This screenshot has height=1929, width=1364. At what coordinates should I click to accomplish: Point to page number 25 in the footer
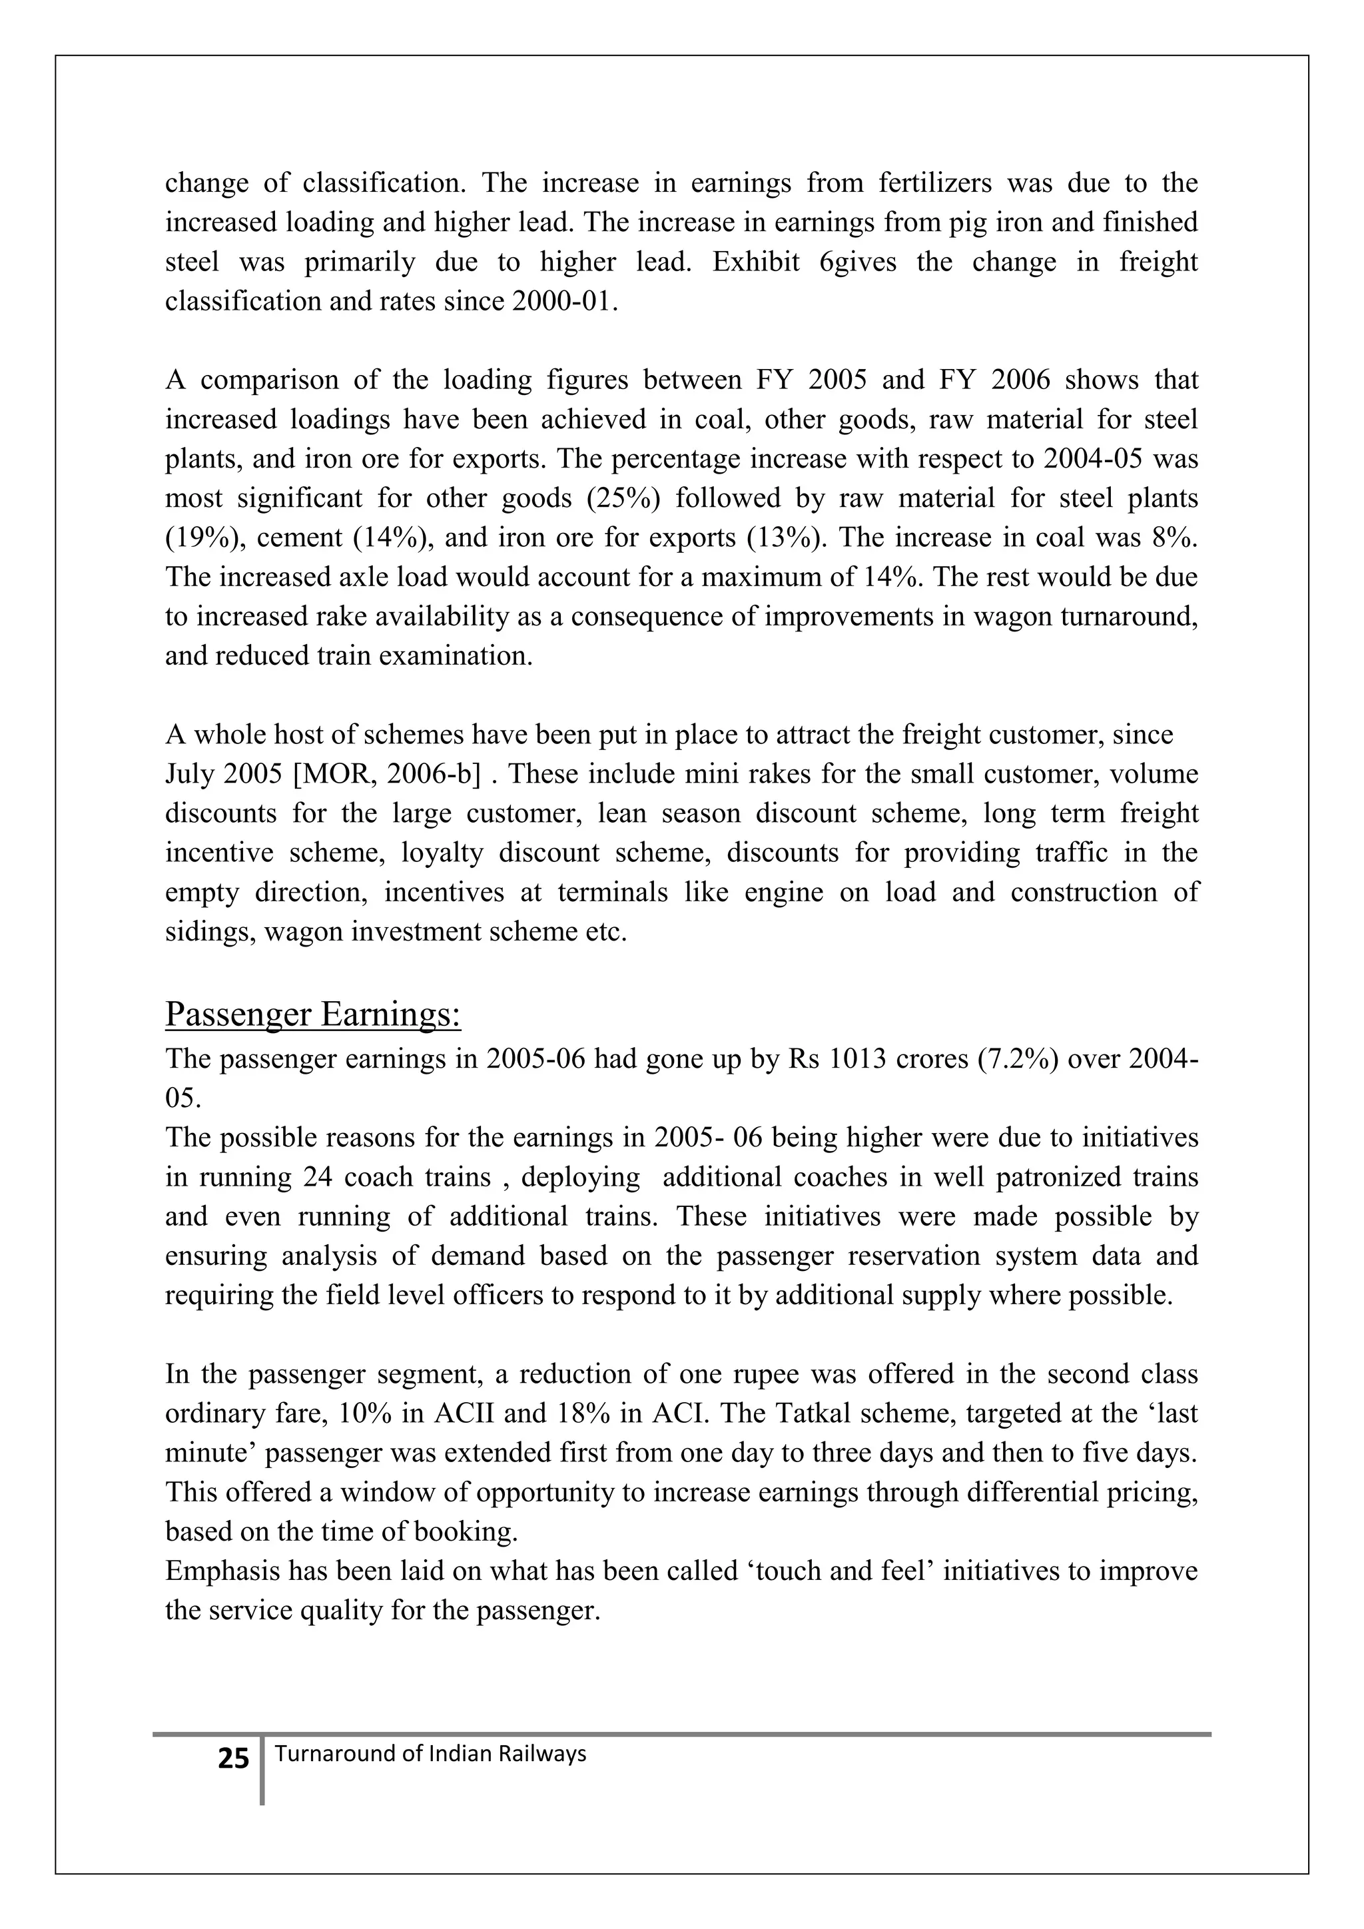(x=234, y=1758)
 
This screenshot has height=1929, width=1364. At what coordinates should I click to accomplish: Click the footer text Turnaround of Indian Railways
(x=430, y=1753)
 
